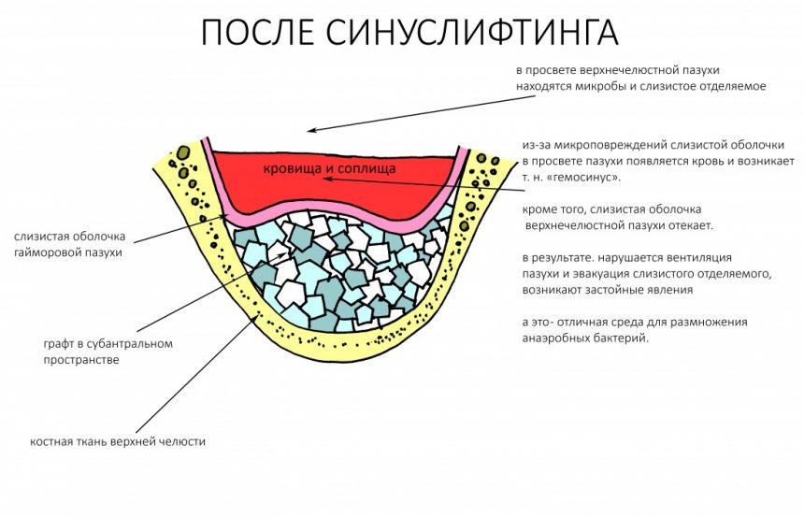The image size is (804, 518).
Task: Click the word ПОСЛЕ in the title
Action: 257,32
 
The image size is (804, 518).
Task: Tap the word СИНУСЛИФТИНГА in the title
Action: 472,33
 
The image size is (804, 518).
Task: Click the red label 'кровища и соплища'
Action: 329,168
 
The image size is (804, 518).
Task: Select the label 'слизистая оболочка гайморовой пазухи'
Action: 70,245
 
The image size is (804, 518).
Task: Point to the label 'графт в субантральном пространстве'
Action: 108,352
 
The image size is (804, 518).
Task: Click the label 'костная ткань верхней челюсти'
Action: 118,441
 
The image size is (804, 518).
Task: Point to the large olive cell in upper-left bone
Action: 183,152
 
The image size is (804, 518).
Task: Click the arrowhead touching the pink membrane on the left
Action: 223,218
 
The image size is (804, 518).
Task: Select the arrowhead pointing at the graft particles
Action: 283,255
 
